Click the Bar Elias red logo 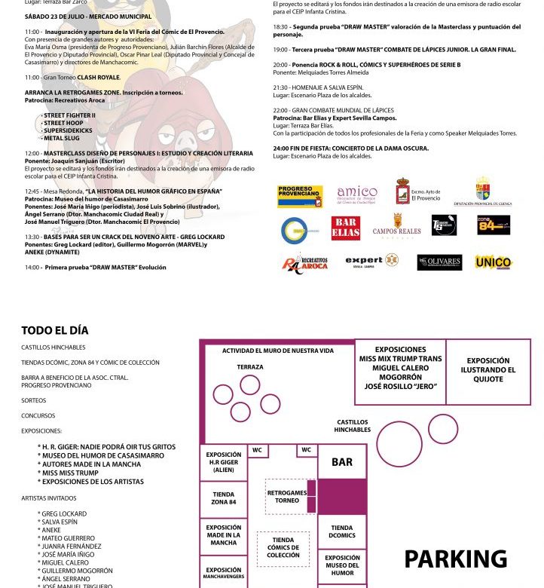[345, 228]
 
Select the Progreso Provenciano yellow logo [300, 196]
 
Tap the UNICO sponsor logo [493, 262]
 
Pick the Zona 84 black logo [493, 225]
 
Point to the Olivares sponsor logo [439, 262]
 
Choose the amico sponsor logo [356, 194]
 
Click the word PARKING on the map [456, 559]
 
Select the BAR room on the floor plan [342, 461]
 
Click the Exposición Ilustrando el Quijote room [487, 370]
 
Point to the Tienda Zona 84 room [223, 498]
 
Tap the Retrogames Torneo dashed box [287, 496]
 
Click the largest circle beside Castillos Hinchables [399, 444]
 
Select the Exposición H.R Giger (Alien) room [223, 461]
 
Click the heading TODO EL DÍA [54, 330]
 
